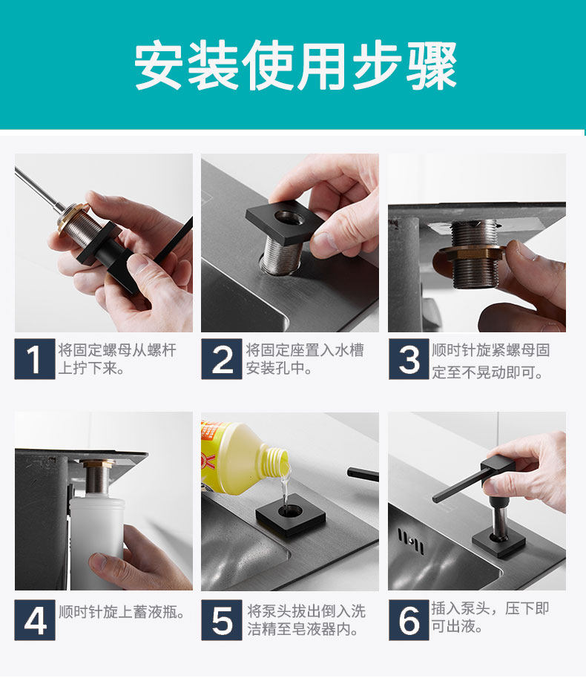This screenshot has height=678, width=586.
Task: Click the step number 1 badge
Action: pos(35,359)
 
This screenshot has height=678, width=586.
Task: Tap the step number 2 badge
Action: pos(222,359)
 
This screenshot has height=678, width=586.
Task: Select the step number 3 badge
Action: pos(409,359)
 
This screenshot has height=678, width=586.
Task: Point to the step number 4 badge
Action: pos(35,619)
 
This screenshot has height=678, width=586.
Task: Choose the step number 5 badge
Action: pos(222,619)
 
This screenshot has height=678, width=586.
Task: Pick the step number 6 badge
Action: pos(409,619)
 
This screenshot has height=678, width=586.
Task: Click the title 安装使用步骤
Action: pos(295,66)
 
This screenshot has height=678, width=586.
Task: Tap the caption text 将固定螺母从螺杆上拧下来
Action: pos(117,359)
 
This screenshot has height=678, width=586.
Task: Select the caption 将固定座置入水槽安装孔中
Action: pos(305,359)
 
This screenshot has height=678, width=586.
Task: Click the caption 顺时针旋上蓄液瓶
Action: pos(122,612)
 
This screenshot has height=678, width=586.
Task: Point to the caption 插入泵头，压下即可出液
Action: pos(490,617)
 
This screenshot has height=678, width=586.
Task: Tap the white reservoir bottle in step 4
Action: pos(97,543)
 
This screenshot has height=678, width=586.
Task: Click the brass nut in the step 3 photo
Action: pos(470,254)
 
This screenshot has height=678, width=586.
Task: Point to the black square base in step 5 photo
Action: pos(290,516)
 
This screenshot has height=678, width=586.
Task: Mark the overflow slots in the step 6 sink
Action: pos(411,542)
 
